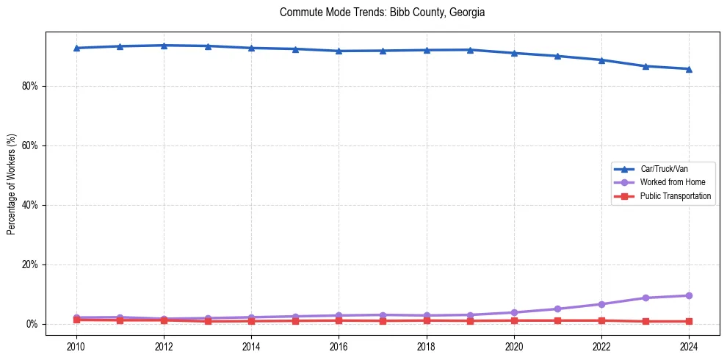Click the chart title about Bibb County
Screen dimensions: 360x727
382,12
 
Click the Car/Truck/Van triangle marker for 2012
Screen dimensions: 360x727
164,46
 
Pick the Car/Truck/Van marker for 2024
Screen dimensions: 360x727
689,69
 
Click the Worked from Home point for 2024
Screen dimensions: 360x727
689,295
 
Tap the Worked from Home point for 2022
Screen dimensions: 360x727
601,304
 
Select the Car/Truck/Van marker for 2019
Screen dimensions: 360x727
470,50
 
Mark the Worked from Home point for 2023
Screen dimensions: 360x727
645,298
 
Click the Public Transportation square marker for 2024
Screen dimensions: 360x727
689,321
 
